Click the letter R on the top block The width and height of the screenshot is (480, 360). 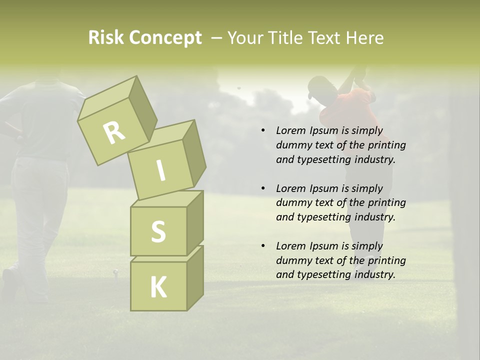tap(114, 132)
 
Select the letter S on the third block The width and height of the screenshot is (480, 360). tap(158, 231)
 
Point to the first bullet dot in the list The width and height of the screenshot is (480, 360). tap(263, 131)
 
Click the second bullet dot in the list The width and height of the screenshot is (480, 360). tap(263, 189)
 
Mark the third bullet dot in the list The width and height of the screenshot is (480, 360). tap(263, 246)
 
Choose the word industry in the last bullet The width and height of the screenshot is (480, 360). tap(375, 274)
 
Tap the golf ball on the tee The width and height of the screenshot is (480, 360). tap(116, 272)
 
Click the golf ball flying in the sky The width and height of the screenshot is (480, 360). tap(239, 88)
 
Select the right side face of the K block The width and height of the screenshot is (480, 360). tap(195, 277)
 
